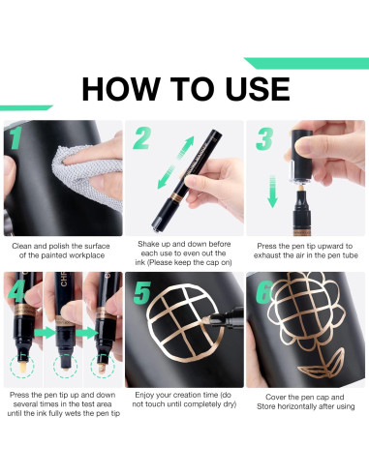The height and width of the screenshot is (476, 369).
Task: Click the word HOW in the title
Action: (x=120, y=89)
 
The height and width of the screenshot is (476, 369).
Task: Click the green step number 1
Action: (x=15, y=137)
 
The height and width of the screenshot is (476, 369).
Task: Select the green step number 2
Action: (x=142, y=138)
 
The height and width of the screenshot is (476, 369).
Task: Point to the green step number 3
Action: (x=264, y=138)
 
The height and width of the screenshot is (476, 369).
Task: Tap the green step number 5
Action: (x=142, y=292)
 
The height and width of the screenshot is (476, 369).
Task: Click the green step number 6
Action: (x=263, y=292)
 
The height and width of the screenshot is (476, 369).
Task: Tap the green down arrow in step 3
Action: (x=273, y=192)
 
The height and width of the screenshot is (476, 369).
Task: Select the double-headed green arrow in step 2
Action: (x=175, y=163)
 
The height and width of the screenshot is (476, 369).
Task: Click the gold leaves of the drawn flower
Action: (x=321, y=365)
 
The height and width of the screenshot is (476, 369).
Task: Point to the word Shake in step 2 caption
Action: (x=146, y=244)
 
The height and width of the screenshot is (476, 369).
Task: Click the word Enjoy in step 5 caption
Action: (x=143, y=395)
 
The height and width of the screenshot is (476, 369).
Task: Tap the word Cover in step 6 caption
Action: (x=275, y=397)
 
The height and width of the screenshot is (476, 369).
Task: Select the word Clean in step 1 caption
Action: (x=21, y=246)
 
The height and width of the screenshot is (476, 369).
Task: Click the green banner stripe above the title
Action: (x=306, y=63)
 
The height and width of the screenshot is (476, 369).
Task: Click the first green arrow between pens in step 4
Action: (x=45, y=333)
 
